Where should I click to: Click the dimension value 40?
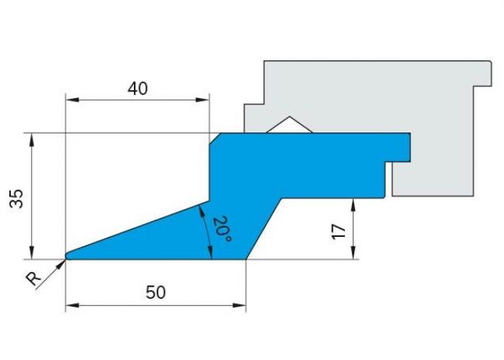point(138,89)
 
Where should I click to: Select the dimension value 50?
point(156,292)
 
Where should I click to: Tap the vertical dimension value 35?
point(17,199)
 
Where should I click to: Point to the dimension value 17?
point(338,231)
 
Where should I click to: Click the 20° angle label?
point(222,229)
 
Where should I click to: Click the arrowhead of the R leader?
point(61,264)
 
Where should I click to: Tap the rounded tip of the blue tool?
point(67,256)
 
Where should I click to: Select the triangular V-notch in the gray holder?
point(289,125)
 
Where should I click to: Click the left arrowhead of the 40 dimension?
point(71,99)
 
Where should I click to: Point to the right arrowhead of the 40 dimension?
point(203,99)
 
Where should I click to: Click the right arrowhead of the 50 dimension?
point(240,305)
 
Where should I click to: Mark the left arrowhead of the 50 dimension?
point(72,305)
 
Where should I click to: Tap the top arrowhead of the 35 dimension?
point(32,140)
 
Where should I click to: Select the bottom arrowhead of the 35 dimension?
point(32,252)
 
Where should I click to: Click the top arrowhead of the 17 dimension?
point(354,204)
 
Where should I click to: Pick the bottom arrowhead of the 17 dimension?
point(354,252)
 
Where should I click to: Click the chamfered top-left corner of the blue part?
point(215,138)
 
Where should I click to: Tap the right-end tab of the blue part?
point(398,147)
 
